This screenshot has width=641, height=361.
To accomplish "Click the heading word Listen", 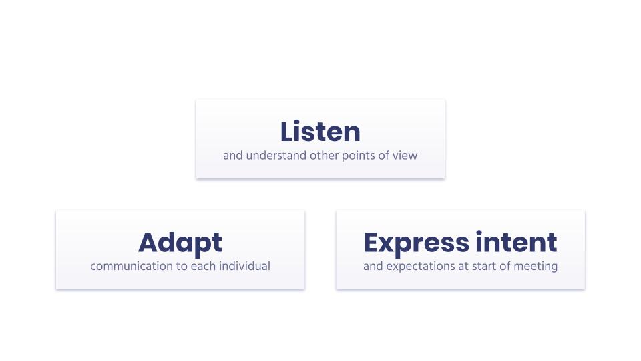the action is pyautogui.click(x=320, y=132).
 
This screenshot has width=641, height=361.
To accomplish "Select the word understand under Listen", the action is pyautogui.click(x=276, y=156).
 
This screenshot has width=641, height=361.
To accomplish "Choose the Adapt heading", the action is pyautogui.click(x=180, y=243).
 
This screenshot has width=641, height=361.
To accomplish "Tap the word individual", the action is pyautogui.click(x=244, y=266).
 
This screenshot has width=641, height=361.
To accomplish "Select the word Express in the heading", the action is pyautogui.click(x=417, y=243).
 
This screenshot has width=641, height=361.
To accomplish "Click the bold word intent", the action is pyautogui.click(x=516, y=242).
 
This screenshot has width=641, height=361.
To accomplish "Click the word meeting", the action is pyautogui.click(x=536, y=267).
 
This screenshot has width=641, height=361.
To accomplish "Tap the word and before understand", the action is pyautogui.click(x=233, y=156).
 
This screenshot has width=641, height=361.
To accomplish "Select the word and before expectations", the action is pyautogui.click(x=373, y=266).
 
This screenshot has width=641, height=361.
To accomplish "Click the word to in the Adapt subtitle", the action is pyautogui.click(x=182, y=266).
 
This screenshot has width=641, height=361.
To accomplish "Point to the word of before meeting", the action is pyautogui.click(x=505, y=266).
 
